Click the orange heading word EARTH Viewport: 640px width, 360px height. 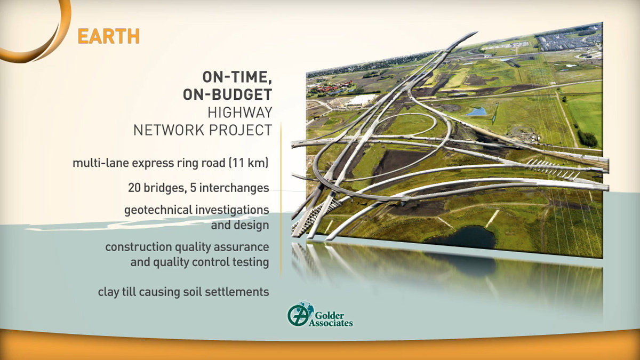coord(109,36)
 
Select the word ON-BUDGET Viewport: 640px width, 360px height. coord(227,94)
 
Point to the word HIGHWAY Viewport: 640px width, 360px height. coord(239,113)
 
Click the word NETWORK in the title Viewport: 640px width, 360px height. coord(169,130)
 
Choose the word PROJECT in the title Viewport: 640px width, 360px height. coord(241,130)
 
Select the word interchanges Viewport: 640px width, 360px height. coord(234,188)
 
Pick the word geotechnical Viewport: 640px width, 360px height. coord(158,210)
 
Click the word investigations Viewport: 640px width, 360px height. coord(233,210)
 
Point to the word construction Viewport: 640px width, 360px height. coord(139,247)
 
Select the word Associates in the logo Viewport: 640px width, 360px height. coord(331,323)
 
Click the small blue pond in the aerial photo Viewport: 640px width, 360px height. coord(476,111)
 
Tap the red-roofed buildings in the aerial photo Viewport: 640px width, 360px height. coord(333,86)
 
